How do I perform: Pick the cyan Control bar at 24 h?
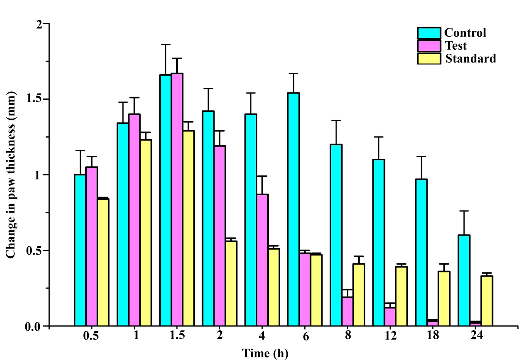464,280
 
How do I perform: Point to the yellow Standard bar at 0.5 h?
103,262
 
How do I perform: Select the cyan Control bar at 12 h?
379,243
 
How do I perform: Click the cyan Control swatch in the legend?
429,33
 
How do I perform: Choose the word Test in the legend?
456,46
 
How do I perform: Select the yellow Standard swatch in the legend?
429,59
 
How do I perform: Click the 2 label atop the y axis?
39,24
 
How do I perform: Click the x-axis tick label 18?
433,335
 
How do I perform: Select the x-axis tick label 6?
305,336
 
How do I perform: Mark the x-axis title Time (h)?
265,353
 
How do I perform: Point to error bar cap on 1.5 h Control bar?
166,45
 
